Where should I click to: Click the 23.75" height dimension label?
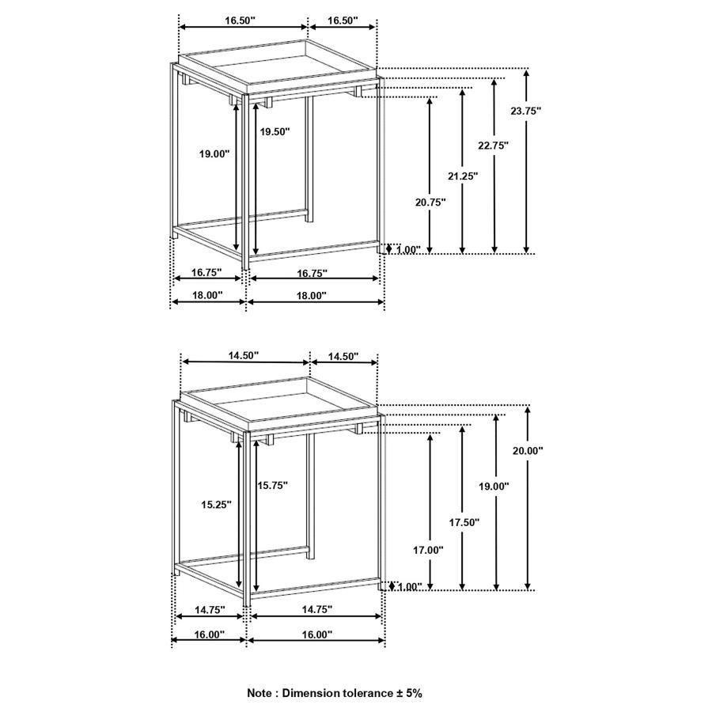click(x=525, y=112)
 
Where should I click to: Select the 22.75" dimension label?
click(x=493, y=145)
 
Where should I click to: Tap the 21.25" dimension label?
click(x=463, y=176)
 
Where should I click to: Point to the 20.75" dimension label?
click(x=430, y=202)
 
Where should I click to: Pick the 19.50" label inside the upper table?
click(x=275, y=132)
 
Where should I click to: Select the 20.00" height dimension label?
click(x=528, y=450)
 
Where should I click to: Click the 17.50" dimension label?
click(x=464, y=522)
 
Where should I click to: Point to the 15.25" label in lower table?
click(x=215, y=504)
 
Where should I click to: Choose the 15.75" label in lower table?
click(x=272, y=485)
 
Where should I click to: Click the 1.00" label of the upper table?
click(x=408, y=250)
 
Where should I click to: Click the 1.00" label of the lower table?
click(x=408, y=587)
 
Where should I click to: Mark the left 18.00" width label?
click(x=207, y=295)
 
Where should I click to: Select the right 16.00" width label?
click(x=316, y=634)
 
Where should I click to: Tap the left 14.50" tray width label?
click(x=244, y=356)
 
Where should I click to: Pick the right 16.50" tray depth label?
click(x=342, y=20)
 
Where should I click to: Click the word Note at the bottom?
click(x=262, y=692)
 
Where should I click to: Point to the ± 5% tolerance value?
click(x=408, y=692)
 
